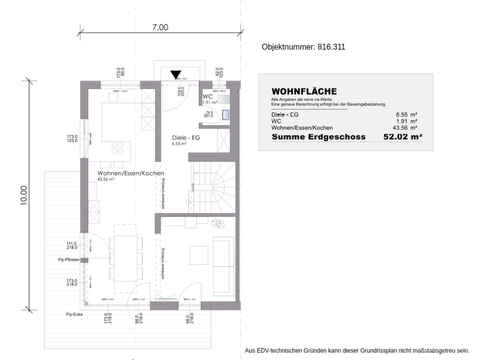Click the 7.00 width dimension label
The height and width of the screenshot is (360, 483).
coord(160,27)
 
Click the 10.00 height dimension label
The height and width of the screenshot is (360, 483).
coord(24,195)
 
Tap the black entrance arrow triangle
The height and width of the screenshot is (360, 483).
coord(175,74)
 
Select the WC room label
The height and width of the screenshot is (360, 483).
coord(208,97)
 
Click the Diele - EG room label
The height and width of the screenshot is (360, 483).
coord(186,137)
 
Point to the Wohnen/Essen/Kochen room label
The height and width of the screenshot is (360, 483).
coord(130,173)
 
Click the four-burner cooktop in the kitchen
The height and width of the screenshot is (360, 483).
coord(117,148)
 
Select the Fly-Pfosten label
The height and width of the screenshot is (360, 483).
coord(69,260)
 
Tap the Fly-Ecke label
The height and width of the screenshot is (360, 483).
coord(74,314)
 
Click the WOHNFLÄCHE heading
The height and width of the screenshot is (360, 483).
coord(304,92)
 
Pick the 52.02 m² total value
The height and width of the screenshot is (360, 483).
coord(402,137)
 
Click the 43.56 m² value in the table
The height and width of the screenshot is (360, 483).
coord(405,128)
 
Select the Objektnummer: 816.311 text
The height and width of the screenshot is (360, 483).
coord(303,47)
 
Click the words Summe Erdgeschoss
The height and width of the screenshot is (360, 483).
coord(318,137)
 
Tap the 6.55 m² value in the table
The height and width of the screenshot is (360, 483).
coord(407,115)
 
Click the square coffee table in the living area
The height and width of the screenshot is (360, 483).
coord(199,255)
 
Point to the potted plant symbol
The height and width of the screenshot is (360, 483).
coord(218,223)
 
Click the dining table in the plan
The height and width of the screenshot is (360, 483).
coord(125,258)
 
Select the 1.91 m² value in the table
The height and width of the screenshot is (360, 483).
coord(407,121)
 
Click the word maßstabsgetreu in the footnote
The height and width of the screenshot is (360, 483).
coord(435,351)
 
